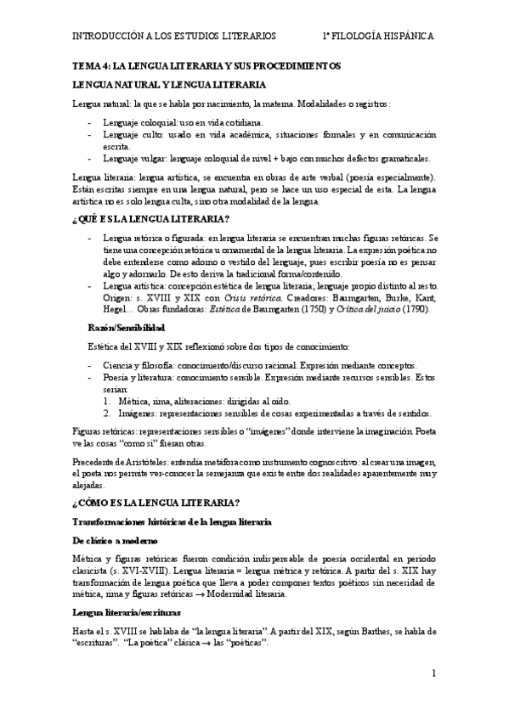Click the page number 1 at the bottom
point(433,673)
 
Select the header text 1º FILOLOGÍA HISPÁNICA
point(378,37)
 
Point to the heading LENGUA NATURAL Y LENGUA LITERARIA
point(170,85)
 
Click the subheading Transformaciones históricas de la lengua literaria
point(172,521)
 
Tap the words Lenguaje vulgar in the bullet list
point(133,158)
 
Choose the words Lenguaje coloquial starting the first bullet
point(138,123)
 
